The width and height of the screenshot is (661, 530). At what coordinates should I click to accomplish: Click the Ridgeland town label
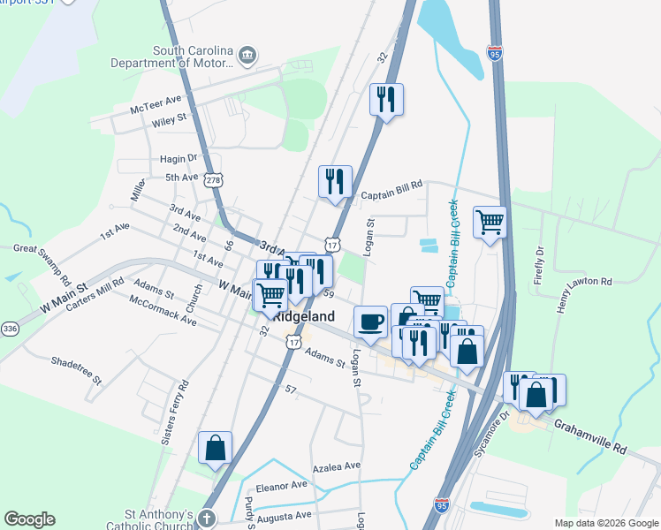click(x=304, y=316)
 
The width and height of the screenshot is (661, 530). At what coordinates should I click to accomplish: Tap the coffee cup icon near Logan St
click(x=370, y=321)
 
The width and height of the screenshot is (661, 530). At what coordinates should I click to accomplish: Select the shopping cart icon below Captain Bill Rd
click(x=490, y=222)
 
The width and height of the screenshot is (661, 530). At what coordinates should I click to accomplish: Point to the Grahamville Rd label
click(x=590, y=436)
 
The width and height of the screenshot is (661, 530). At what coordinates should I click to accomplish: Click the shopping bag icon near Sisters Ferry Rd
click(x=216, y=448)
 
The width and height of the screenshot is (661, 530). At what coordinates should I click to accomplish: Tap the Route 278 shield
click(x=213, y=179)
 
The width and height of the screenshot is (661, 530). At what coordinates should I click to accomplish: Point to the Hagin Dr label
click(x=178, y=158)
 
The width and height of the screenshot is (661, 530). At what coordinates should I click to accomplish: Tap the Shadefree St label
click(x=78, y=371)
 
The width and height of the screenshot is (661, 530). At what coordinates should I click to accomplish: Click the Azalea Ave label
click(x=337, y=466)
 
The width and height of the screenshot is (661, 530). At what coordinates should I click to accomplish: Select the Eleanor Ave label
click(x=281, y=485)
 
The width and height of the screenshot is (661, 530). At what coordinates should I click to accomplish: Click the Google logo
click(x=29, y=519)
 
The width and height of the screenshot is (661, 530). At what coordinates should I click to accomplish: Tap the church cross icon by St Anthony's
click(x=206, y=519)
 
